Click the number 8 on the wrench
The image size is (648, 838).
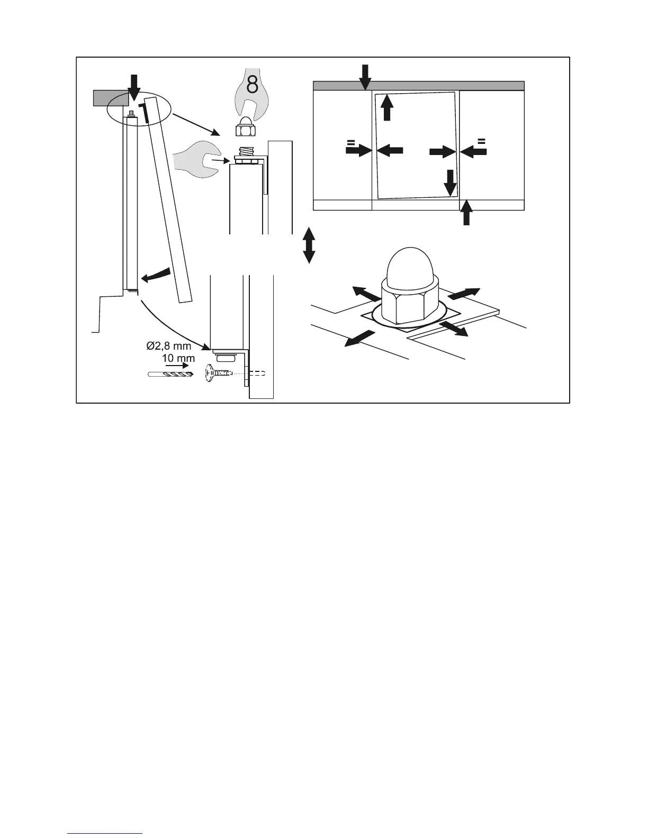(253, 84)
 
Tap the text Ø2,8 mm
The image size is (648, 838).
(168, 347)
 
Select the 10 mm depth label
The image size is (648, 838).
(178, 358)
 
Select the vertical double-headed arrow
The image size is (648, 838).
(309, 245)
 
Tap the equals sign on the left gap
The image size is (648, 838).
(350, 142)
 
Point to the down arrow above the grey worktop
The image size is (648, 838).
(365, 76)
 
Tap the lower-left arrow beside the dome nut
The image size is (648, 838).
(358, 338)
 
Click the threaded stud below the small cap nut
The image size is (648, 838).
(247, 151)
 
